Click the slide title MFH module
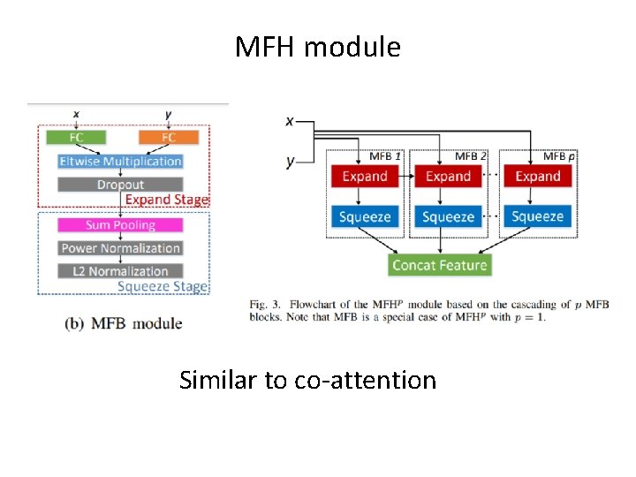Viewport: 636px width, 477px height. click(317, 47)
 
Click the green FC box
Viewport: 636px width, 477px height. click(76, 137)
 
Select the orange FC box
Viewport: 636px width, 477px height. click(169, 137)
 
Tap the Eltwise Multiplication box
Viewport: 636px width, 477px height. click(120, 162)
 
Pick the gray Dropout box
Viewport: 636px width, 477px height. click(120, 185)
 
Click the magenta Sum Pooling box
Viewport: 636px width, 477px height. click(120, 225)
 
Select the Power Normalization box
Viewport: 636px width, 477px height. click(120, 248)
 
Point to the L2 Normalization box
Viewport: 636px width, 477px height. click(120, 271)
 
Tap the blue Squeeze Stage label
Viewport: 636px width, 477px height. click(163, 286)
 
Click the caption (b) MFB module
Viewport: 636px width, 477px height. click(124, 323)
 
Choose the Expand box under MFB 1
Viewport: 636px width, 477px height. click(365, 176)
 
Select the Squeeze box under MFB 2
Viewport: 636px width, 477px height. click(448, 216)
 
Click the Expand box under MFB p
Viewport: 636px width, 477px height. click(537, 176)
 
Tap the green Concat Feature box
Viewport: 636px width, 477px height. click(439, 265)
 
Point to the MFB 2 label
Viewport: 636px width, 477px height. click(471, 156)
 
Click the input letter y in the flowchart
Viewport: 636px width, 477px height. click(290, 161)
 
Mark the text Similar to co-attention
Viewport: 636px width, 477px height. click(307, 380)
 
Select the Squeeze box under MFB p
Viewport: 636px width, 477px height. click(537, 216)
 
